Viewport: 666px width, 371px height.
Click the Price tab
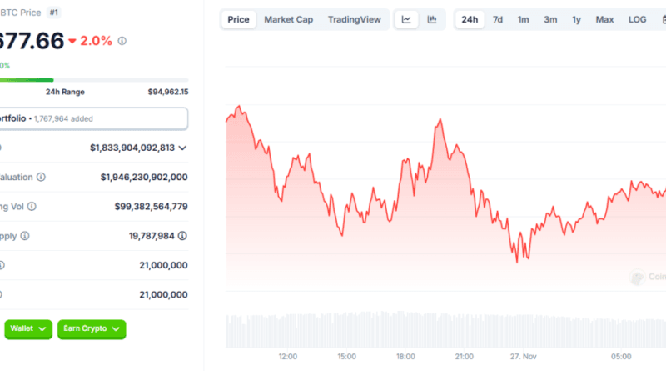click(x=239, y=19)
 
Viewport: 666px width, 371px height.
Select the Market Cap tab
click(x=289, y=19)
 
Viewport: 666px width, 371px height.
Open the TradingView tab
click(x=354, y=19)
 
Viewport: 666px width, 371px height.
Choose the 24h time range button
click(x=470, y=19)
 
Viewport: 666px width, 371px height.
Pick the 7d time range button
click(x=498, y=19)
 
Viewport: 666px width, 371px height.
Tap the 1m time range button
click(x=523, y=19)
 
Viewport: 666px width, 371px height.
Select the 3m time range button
click(x=550, y=19)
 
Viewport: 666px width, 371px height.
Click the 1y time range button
click(x=577, y=19)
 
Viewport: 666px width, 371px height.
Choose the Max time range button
click(x=605, y=19)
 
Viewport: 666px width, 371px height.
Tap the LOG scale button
click(x=637, y=19)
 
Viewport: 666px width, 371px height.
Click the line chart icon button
click(x=406, y=19)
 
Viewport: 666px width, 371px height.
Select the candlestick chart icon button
click(x=431, y=19)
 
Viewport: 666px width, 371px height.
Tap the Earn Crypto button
click(x=92, y=329)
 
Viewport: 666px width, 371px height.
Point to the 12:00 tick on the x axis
click(x=288, y=357)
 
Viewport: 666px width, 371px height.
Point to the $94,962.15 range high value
click(x=168, y=92)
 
